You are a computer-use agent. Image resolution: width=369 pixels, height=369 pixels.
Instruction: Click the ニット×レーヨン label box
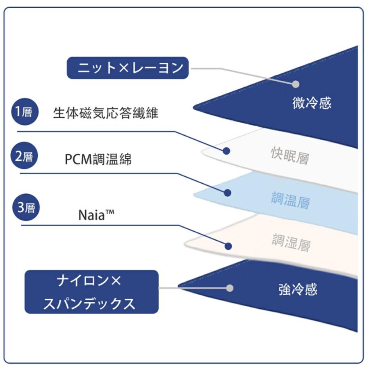coord(128,68)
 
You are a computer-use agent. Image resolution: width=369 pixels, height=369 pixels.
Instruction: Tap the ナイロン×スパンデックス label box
coord(91,292)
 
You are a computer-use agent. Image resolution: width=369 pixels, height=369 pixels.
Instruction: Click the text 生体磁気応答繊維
coord(105,113)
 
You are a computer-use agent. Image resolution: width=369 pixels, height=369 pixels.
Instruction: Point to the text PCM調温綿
coord(98,159)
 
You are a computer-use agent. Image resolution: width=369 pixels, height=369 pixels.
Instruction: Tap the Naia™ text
coord(96,215)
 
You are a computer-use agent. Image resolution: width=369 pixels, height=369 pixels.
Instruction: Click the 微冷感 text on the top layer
coord(312,103)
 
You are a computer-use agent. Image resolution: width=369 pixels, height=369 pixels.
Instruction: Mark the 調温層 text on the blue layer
coord(291,201)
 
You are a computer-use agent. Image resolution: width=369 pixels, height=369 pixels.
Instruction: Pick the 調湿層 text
coord(291,244)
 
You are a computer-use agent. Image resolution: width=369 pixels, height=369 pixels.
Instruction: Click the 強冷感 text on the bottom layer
coord(298,289)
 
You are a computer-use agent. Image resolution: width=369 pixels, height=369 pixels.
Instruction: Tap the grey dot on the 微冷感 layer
coord(296,84)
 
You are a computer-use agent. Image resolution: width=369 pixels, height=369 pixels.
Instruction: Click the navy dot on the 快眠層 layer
coord(226,151)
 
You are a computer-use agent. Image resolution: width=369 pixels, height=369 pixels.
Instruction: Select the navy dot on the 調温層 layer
coord(228,193)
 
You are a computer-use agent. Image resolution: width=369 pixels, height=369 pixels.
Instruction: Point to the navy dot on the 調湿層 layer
coord(228,246)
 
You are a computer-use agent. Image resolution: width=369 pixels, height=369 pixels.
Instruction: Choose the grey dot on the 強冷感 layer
coord(230,288)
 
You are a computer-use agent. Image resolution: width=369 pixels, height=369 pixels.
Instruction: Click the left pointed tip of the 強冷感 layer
coord(179,285)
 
